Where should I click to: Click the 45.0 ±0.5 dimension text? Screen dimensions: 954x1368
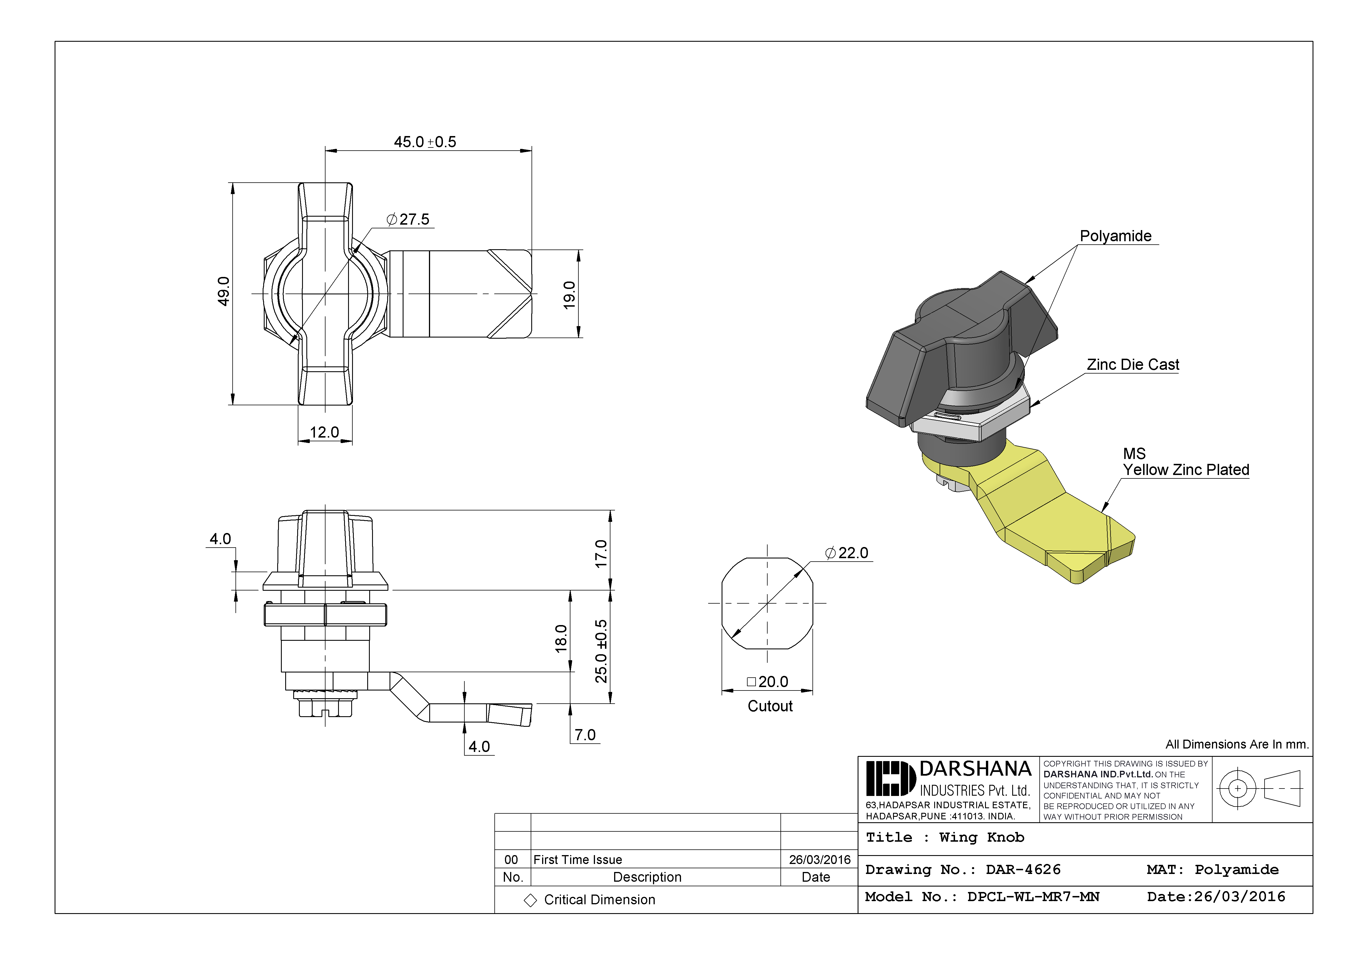tap(425, 142)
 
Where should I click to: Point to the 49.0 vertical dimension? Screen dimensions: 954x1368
tap(223, 292)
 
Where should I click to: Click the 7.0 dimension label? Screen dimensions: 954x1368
tap(585, 735)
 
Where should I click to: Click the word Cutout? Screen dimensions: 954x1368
tap(770, 706)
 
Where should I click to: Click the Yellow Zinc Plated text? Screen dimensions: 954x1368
tap(1186, 470)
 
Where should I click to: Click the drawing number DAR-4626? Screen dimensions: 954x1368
tap(1023, 869)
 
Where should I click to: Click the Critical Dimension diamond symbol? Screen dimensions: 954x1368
tap(530, 900)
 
